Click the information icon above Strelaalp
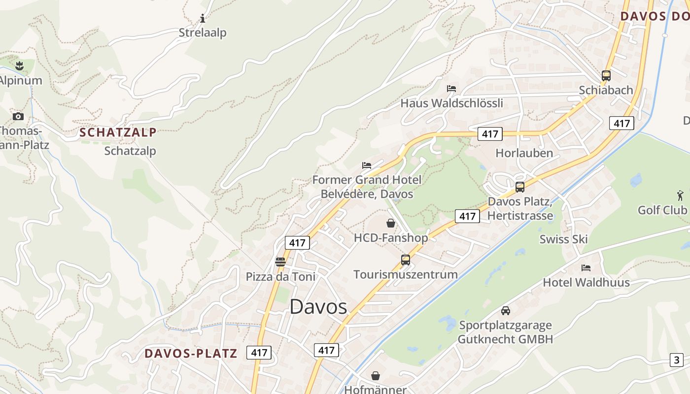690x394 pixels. (x=203, y=19)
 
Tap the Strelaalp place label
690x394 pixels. (x=203, y=33)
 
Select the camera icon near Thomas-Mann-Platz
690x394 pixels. (x=18, y=116)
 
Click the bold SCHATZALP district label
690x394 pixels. (x=118, y=132)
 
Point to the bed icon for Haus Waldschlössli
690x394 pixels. (x=451, y=89)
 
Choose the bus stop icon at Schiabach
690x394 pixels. (x=606, y=76)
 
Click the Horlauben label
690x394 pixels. (x=524, y=153)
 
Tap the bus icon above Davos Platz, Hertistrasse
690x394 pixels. (x=520, y=187)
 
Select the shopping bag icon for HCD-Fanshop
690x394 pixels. (x=391, y=223)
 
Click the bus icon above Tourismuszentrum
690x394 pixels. (x=406, y=260)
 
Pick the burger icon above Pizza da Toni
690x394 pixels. (x=280, y=262)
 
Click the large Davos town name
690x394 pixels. (x=318, y=307)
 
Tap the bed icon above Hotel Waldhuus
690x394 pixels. (x=586, y=268)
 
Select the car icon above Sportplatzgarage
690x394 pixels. (x=506, y=311)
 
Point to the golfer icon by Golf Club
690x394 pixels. (x=681, y=195)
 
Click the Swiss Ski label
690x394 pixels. (x=564, y=239)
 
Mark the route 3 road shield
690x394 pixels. (x=677, y=360)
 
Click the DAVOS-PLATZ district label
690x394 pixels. (x=191, y=353)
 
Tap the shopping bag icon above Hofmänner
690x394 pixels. (x=376, y=376)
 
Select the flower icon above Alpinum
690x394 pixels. (x=19, y=66)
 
